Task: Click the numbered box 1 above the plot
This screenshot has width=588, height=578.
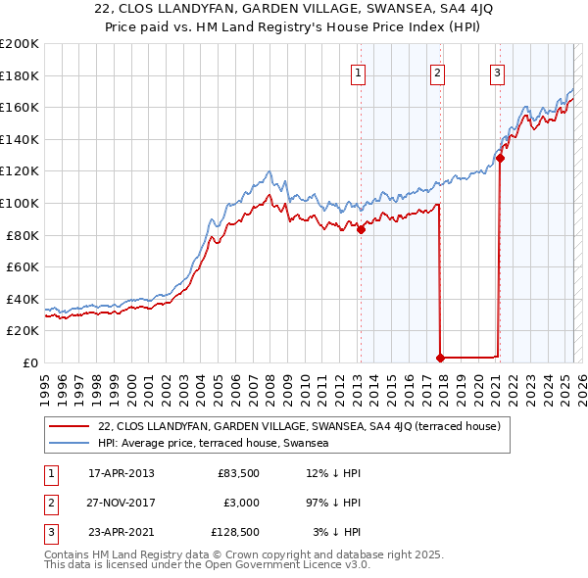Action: click(359, 72)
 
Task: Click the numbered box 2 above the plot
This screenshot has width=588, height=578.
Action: click(437, 72)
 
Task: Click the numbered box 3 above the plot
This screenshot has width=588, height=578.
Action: click(498, 72)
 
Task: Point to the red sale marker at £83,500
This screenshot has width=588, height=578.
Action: click(361, 230)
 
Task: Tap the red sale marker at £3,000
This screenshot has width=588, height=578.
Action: click(440, 358)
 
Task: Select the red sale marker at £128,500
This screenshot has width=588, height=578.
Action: click(500, 158)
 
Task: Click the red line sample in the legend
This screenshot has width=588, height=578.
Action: click(70, 426)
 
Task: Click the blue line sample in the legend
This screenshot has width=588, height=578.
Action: click(70, 443)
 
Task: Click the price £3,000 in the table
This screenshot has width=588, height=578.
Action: click(238, 503)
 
